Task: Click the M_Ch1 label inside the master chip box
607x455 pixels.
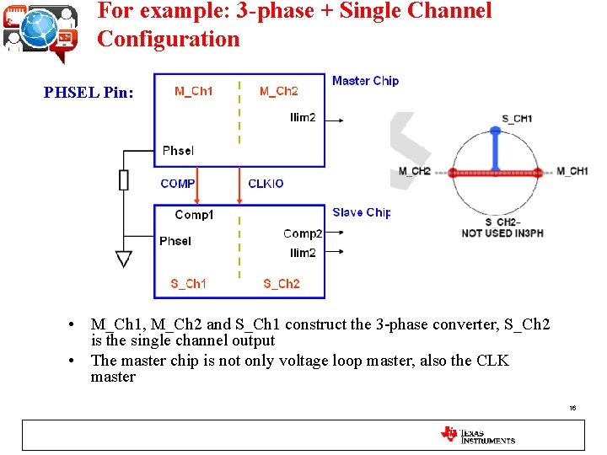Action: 193,91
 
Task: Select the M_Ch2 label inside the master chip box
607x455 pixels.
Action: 278,91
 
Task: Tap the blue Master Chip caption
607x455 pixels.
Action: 365,81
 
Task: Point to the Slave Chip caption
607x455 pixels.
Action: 362,212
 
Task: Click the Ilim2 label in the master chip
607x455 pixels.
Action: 303,118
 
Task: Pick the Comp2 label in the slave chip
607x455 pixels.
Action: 303,233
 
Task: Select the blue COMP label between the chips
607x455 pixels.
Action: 178,184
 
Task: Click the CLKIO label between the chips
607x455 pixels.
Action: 266,184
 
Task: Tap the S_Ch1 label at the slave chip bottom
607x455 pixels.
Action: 188,284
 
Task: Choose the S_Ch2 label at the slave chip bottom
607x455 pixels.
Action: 281,284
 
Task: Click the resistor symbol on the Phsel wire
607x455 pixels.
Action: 124,179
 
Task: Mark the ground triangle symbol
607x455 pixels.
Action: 124,259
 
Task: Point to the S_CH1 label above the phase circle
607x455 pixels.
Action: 517,119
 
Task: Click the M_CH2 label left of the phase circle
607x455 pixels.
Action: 415,172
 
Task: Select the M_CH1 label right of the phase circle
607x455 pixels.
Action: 572,172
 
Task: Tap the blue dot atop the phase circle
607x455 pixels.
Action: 495,132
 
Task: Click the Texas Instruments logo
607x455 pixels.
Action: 477,435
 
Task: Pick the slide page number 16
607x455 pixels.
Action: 572,408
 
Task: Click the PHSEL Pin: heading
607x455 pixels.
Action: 89,93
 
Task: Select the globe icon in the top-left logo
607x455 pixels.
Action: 39,29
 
